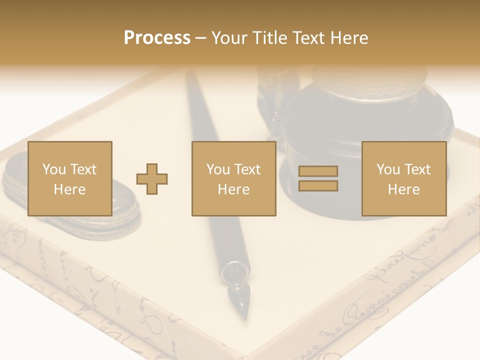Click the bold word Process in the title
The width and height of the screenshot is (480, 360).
157,38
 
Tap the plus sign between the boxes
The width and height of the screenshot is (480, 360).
152,179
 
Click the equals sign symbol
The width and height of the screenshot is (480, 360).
318,178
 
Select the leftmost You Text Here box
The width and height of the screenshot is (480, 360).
69,178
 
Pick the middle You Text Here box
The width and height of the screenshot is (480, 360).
233,178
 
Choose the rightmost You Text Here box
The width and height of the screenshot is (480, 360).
403,178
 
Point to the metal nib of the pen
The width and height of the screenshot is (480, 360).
239,300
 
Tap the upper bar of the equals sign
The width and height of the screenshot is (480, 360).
318,171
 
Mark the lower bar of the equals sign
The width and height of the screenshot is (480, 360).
318,186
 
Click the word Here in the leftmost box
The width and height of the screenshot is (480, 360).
69,189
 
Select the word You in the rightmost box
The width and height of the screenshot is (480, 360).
388,169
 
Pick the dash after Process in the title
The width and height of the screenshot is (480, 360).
201,38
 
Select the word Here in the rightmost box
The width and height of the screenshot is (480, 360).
403,189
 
